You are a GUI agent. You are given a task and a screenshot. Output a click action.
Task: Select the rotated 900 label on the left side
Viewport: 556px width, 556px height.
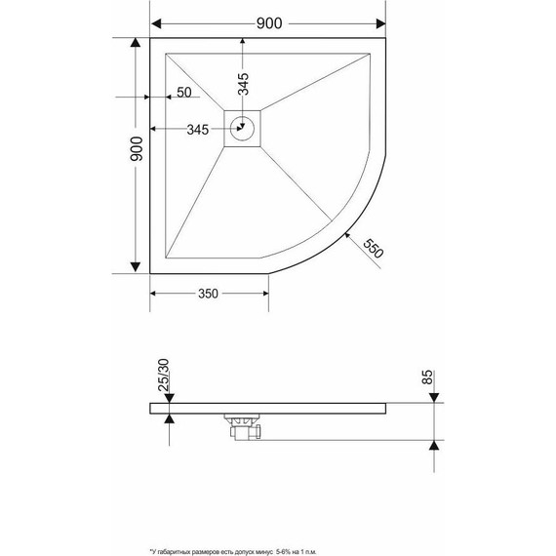click(137, 150)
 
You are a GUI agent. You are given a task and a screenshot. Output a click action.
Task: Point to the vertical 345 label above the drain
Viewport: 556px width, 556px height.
click(244, 89)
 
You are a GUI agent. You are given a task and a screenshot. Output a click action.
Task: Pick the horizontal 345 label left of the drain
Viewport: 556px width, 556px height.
click(198, 130)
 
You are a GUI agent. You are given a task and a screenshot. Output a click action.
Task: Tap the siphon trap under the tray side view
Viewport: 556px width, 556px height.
click(244, 427)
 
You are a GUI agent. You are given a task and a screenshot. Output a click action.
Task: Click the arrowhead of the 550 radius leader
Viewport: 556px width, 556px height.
click(347, 234)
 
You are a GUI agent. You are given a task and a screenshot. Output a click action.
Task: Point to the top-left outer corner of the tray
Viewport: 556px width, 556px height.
click(151, 40)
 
